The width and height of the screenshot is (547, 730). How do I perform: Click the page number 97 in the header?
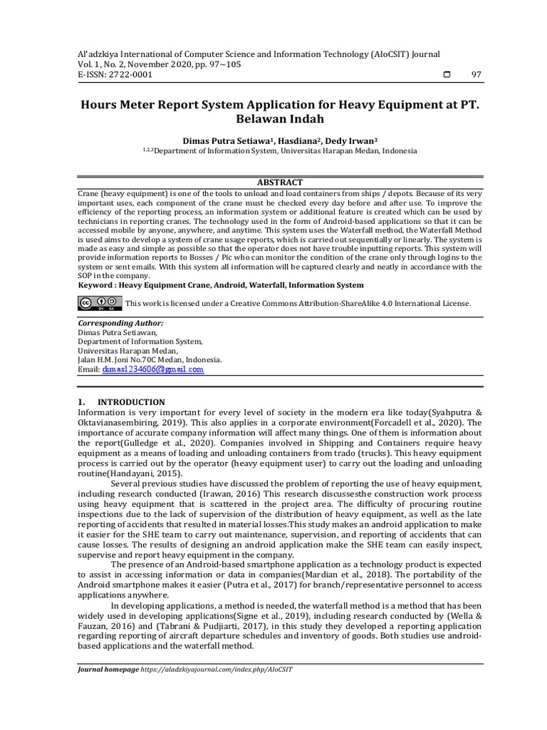point(477,75)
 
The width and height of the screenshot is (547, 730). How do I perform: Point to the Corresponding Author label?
point(115,323)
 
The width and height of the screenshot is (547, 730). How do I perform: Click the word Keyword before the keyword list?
point(96,285)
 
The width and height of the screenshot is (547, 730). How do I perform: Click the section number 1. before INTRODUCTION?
point(82,402)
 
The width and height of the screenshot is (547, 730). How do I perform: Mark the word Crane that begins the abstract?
point(90,193)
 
